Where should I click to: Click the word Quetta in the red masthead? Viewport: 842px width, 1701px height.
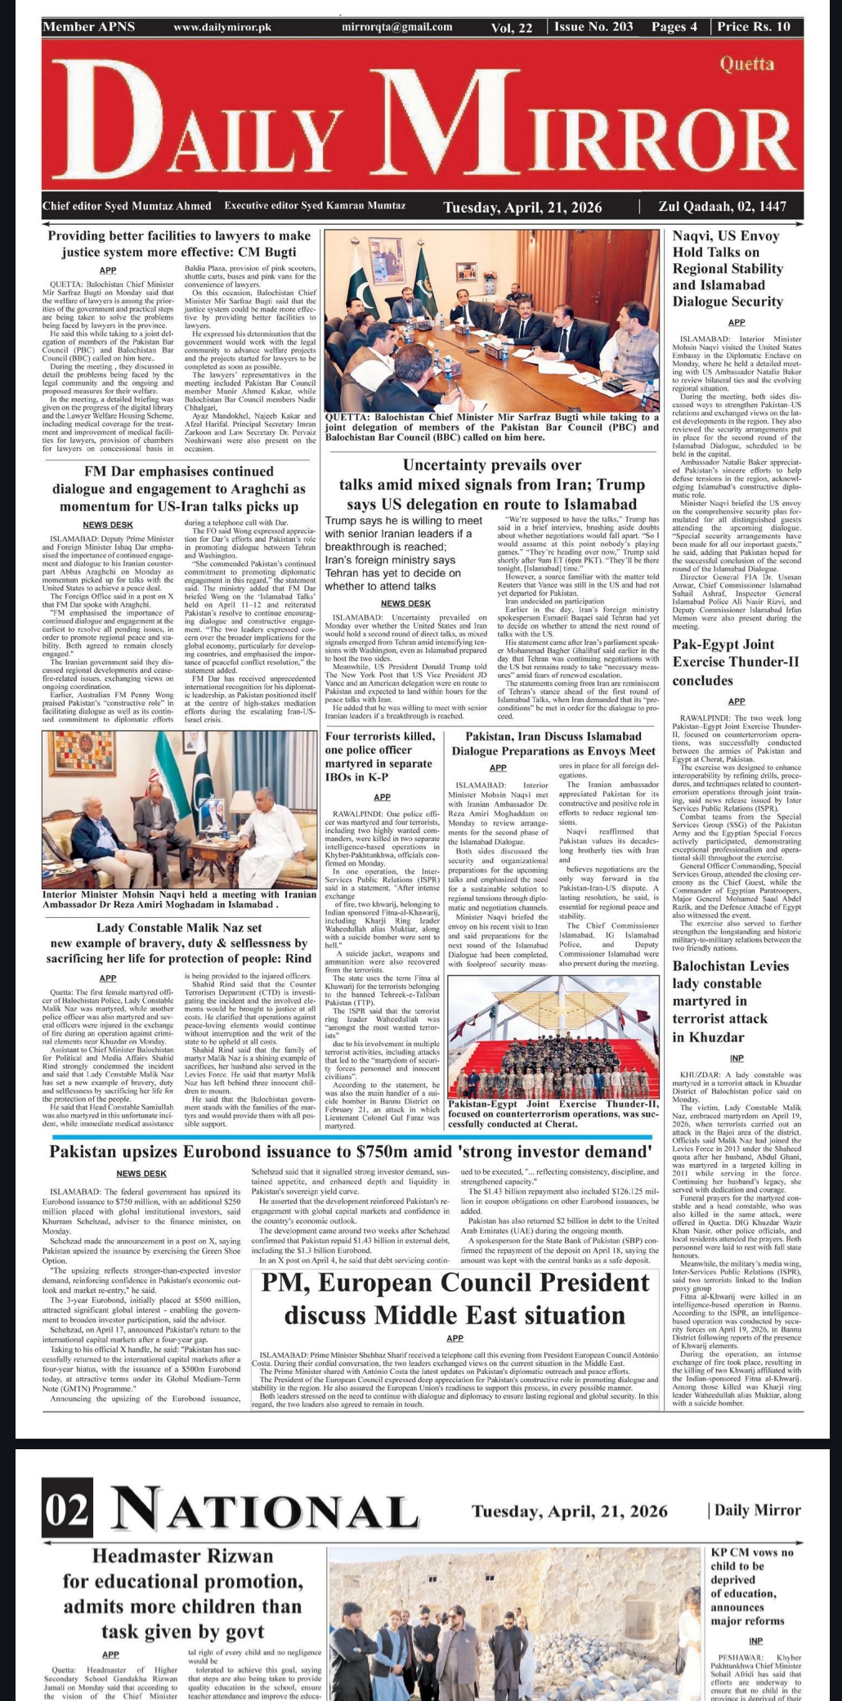[746, 65]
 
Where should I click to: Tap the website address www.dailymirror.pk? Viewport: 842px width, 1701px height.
[222, 27]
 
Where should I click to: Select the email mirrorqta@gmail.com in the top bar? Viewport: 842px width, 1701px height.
[397, 27]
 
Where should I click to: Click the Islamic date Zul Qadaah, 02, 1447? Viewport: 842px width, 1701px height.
[722, 207]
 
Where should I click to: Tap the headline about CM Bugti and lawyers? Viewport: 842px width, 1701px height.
[179, 244]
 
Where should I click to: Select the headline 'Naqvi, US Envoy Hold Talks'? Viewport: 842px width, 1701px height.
[727, 268]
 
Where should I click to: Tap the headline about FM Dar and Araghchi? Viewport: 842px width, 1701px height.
[179, 489]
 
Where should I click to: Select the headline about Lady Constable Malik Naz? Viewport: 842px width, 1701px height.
[179, 942]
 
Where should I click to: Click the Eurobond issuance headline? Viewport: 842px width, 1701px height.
[351, 1153]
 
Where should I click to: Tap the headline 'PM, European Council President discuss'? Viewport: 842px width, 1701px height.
[455, 1300]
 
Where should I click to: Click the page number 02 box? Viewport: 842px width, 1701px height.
[68, 1511]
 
